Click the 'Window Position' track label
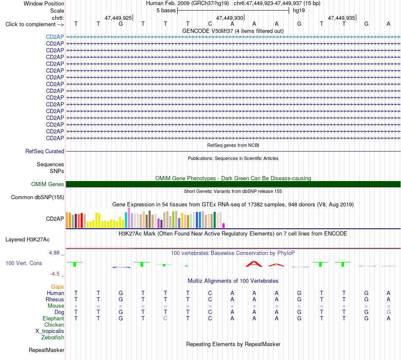pos(44,3)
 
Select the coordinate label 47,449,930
pos(229,18)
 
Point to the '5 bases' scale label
pos(166,11)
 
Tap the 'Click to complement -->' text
pos(35,24)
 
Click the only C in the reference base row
pos(210,24)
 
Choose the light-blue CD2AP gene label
pos(55,37)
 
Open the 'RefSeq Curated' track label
pos(44,152)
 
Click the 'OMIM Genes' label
pos(47,184)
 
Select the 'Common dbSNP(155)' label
pos(37,198)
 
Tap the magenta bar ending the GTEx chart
pos(224,225)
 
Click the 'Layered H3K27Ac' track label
pos(27,240)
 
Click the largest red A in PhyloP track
pos(254,264)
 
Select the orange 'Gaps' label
pos(57,287)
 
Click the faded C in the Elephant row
pos(165,318)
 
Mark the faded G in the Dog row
pos(388,312)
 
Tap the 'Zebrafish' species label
pos(52,338)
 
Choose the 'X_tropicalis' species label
pos(50,331)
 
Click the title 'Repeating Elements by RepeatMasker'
pos(233,344)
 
